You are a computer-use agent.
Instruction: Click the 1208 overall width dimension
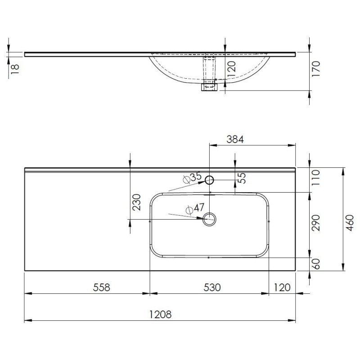(160, 315)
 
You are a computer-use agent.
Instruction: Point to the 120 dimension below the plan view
(281, 287)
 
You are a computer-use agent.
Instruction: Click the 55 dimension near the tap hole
(242, 178)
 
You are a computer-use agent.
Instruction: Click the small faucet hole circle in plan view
(209, 180)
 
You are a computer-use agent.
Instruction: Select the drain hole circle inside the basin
(210, 220)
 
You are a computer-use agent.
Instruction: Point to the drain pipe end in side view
(209, 87)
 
